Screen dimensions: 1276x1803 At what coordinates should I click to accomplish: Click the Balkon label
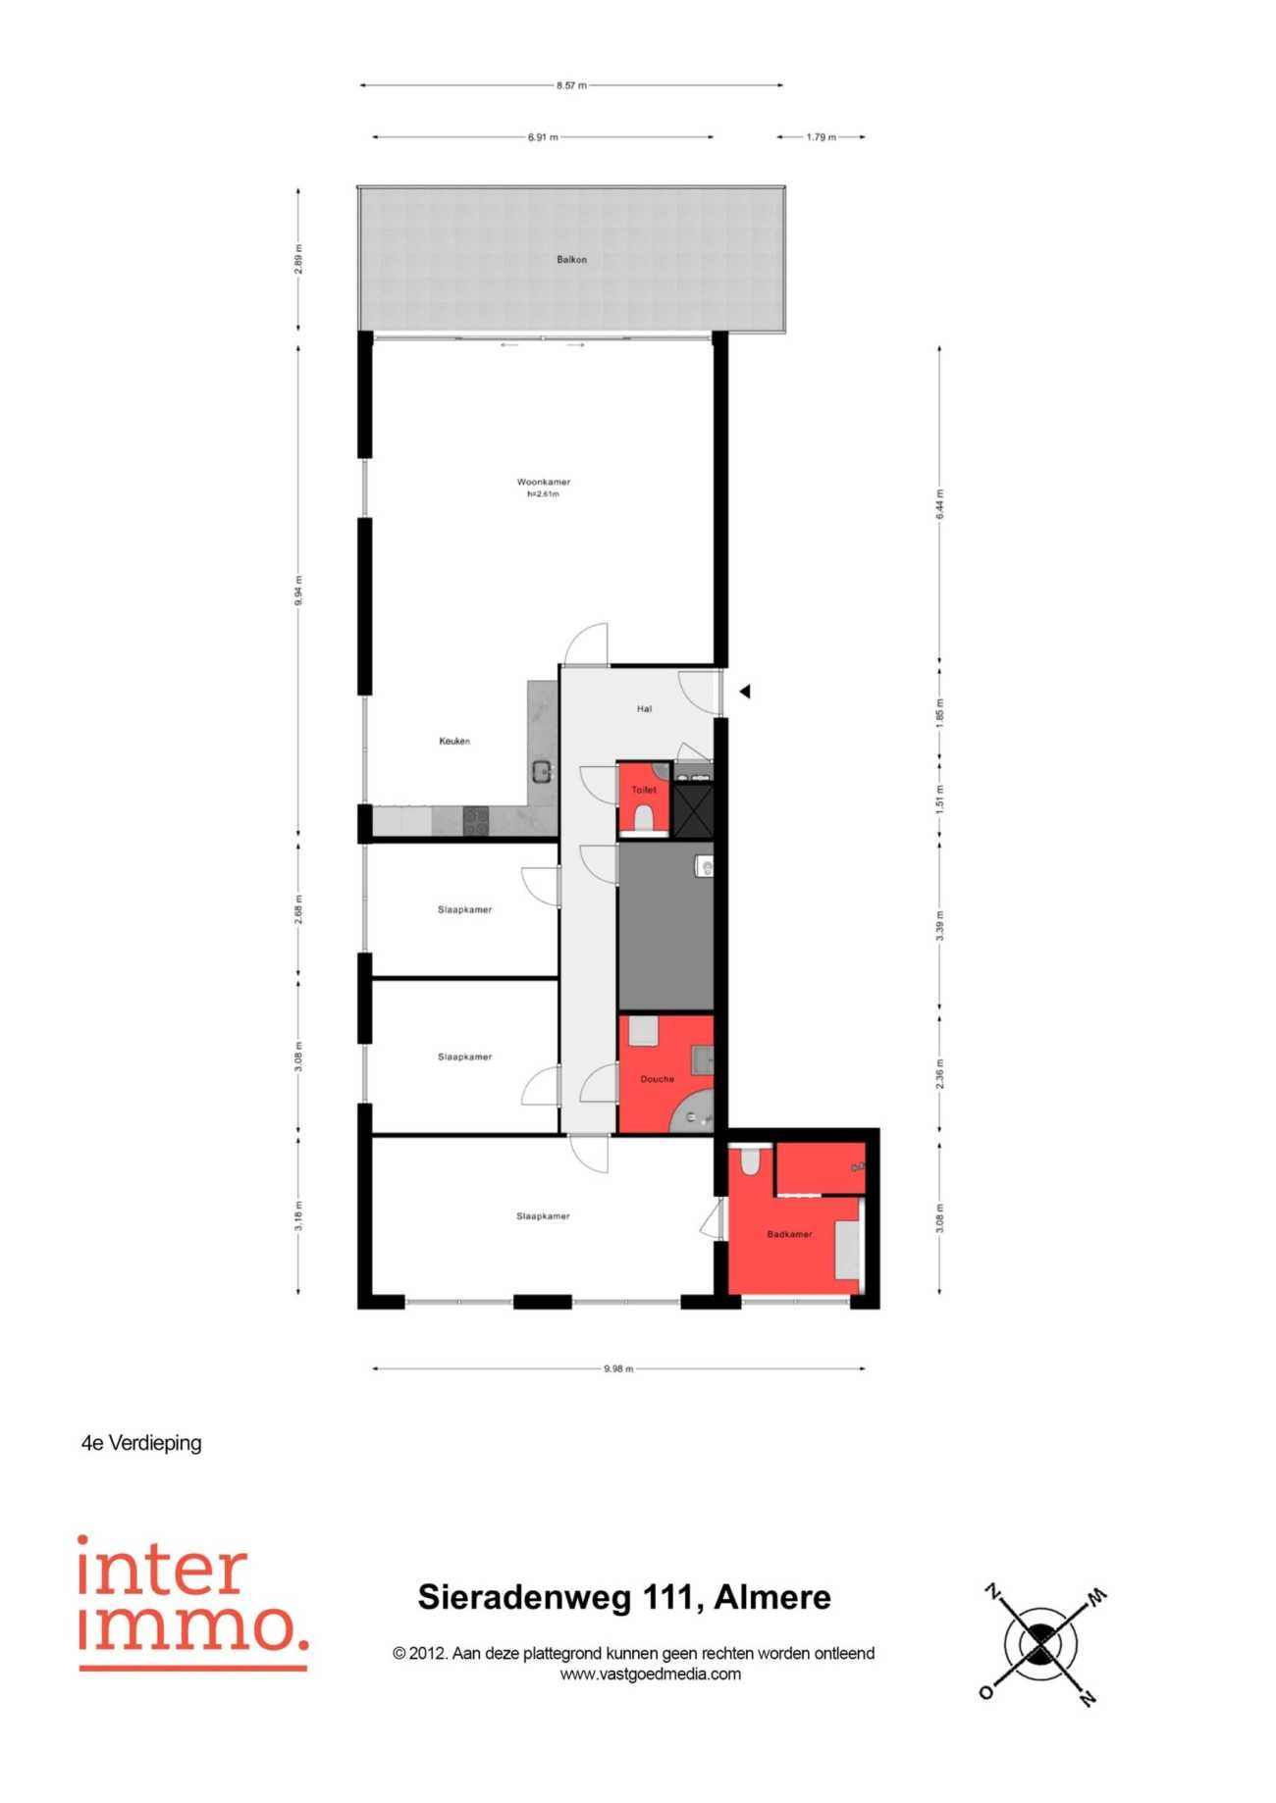pyautogui.click(x=571, y=260)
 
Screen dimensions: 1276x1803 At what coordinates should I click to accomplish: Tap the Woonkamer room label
pyautogui.click(x=543, y=483)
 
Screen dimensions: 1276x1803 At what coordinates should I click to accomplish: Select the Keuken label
pyautogui.click(x=454, y=742)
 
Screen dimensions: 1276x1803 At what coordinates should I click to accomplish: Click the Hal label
pyautogui.click(x=644, y=708)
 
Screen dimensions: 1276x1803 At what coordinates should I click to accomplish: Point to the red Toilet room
pyautogui.click(x=644, y=798)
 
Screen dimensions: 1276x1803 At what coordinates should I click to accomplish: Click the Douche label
pyautogui.click(x=658, y=1079)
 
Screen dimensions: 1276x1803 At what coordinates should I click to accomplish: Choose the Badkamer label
pyautogui.click(x=789, y=1234)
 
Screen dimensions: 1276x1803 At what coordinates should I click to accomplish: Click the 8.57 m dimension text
pyautogui.click(x=571, y=85)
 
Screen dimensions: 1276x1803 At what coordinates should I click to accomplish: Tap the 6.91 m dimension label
pyautogui.click(x=543, y=137)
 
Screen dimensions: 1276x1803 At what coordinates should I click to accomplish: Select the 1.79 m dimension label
pyautogui.click(x=822, y=137)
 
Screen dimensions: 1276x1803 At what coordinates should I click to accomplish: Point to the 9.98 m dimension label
pyautogui.click(x=618, y=1368)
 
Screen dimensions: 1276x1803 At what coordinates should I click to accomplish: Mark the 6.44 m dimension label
pyautogui.click(x=939, y=503)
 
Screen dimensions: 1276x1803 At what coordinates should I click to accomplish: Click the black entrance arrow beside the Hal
pyautogui.click(x=745, y=692)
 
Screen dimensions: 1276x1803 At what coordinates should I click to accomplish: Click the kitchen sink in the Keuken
pyautogui.click(x=542, y=772)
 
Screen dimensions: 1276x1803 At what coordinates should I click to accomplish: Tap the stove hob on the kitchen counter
pyautogui.click(x=476, y=821)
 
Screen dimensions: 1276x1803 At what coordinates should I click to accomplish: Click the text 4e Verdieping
pyautogui.click(x=141, y=1443)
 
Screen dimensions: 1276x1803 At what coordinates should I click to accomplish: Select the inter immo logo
pyautogui.click(x=193, y=1602)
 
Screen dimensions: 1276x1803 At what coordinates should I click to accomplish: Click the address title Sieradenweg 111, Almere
pyautogui.click(x=624, y=1597)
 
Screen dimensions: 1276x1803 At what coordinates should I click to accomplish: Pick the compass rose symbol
pyautogui.click(x=1042, y=1642)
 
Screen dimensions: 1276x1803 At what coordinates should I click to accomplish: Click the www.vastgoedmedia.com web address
pyautogui.click(x=651, y=1674)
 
